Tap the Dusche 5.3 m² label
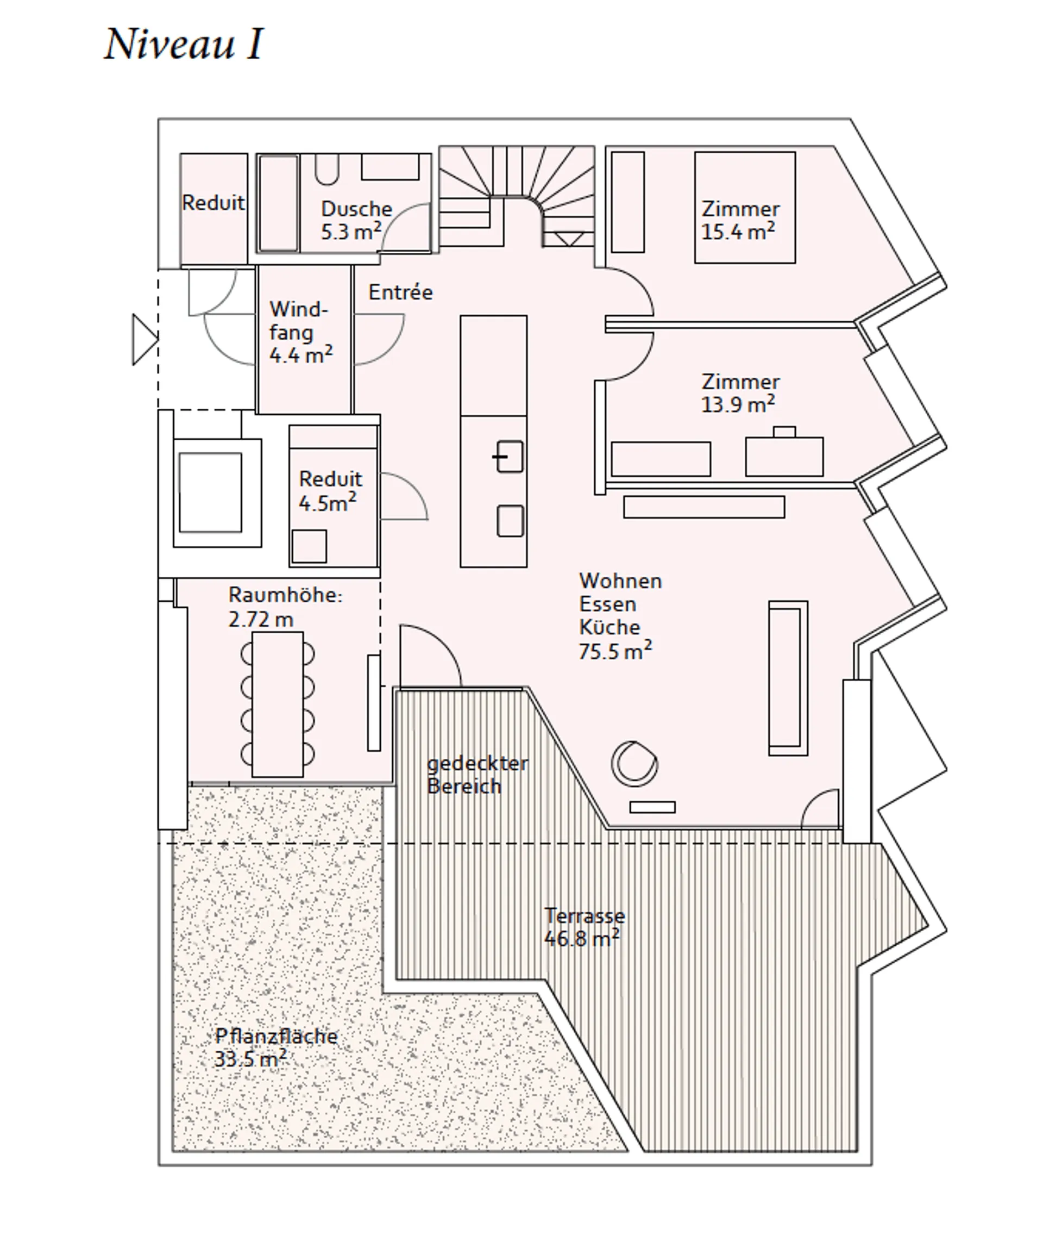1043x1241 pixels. [356, 220]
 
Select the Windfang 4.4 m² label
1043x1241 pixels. [300, 333]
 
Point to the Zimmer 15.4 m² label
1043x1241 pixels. [740, 220]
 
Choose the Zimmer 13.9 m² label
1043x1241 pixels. [740, 393]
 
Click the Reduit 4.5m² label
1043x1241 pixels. [330, 491]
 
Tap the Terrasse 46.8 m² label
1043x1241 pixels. [584, 927]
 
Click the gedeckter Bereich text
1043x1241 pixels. [477, 775]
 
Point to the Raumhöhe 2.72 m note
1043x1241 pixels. [285, 607]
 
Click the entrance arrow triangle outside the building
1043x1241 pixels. [145, 340]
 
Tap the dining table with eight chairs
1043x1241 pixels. [277, 704]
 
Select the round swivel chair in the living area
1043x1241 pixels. [634, 763]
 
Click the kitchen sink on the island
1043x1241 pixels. [509, 457]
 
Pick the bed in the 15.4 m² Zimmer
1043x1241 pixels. [745, 208]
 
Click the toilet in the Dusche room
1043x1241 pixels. [327, 170]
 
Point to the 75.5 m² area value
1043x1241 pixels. [615, 651]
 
